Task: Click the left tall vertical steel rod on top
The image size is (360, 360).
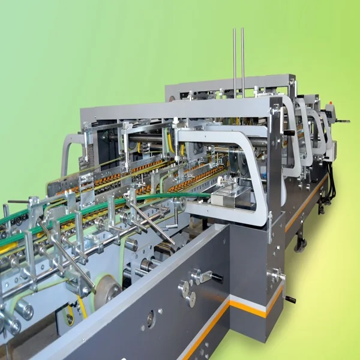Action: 235,54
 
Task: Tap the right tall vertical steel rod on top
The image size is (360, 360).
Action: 242,54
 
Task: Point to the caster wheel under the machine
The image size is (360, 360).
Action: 300,244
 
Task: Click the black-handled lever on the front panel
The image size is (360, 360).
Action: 207,276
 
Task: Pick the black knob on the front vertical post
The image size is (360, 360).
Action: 289,132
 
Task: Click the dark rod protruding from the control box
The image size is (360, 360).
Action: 344,122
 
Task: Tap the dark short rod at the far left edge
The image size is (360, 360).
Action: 18,202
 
